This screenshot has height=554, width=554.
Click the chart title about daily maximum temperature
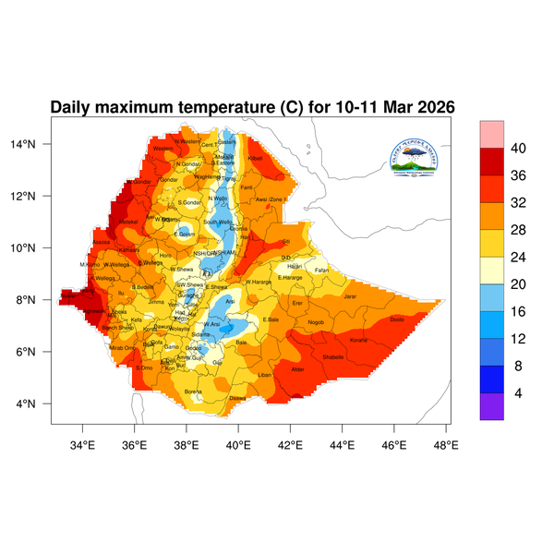252,107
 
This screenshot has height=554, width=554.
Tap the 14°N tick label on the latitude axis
35,144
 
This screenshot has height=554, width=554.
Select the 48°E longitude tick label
447,443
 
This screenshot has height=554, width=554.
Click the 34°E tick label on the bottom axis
83,443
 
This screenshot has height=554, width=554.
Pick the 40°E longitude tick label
239,443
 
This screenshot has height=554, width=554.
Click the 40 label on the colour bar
519,148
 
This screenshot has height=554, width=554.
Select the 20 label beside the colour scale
519,270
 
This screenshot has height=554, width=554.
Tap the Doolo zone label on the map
398,319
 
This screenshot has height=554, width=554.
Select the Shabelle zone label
332,355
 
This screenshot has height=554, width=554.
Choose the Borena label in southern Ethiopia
194,391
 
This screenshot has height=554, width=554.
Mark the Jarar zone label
350,296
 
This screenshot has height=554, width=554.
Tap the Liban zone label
265,375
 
